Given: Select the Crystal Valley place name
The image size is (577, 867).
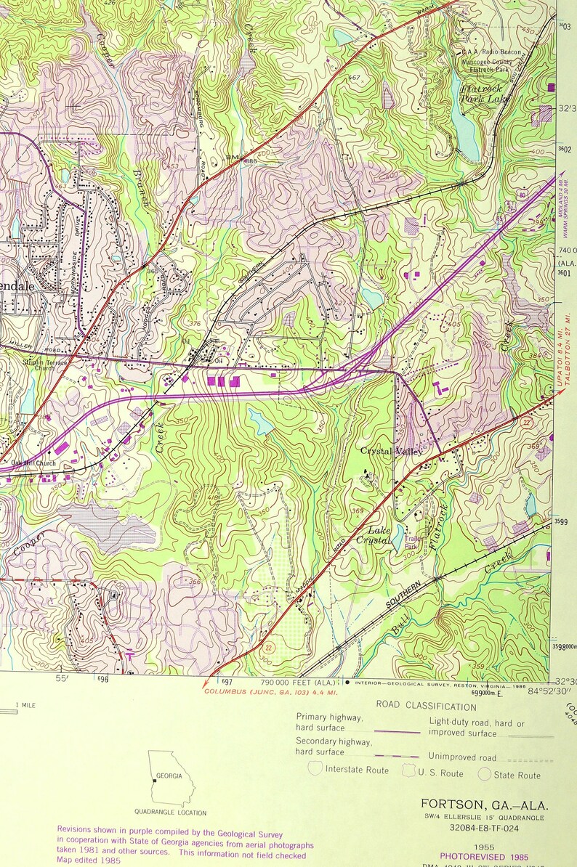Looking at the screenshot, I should [x=392, y=452].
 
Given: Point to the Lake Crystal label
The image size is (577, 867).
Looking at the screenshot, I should [x=379, y=535].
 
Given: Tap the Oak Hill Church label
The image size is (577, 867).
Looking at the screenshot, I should [x=33, y=463].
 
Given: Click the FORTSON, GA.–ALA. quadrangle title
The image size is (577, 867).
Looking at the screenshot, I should [x=485, y=804].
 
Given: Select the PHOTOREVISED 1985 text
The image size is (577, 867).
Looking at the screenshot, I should [x=484, y=858].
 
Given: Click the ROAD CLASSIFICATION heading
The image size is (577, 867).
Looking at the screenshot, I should [x=426, y=706].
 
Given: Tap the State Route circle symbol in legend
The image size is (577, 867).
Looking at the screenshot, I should [x=485, y=774].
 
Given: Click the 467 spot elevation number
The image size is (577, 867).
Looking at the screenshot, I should [x=355, y=78].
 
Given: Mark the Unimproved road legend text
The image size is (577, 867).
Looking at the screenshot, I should [x=461, y=756].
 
